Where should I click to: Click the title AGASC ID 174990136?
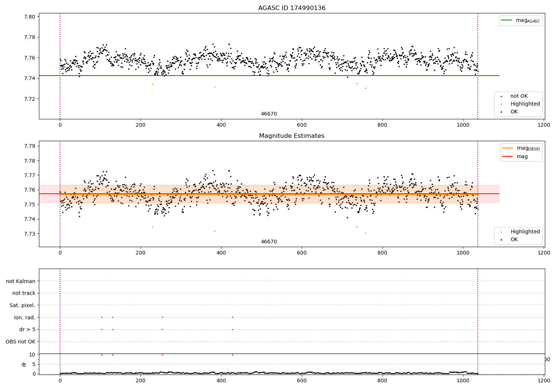292,8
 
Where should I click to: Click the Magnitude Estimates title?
292,136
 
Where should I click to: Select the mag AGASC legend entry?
527,20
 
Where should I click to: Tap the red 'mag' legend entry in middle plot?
522,156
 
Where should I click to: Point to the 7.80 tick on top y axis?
30,17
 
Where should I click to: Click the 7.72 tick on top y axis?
30,99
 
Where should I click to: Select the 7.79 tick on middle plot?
30,146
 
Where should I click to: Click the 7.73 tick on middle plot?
30,234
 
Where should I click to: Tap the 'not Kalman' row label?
21,281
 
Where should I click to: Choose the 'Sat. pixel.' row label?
22,305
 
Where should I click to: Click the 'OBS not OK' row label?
20,342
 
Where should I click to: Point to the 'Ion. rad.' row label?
25,317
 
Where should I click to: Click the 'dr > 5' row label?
27,329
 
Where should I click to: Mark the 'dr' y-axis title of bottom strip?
24,364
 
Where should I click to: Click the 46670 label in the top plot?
269,114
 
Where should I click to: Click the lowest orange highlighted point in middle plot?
365,233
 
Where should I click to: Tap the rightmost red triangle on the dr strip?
232,355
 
